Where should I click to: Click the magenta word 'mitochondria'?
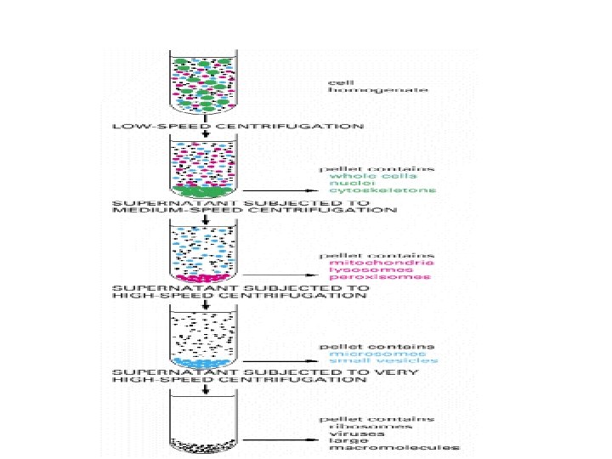click(371, 263)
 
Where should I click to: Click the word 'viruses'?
click(349, 436)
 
